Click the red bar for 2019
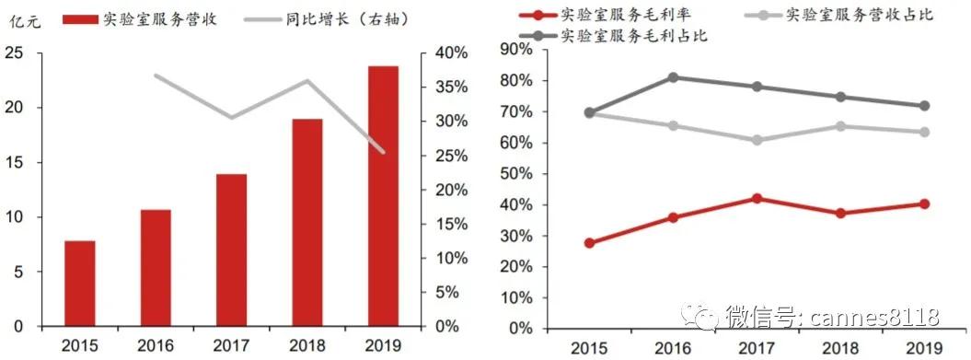383,196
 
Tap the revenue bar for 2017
231,250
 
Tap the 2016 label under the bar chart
156,345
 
